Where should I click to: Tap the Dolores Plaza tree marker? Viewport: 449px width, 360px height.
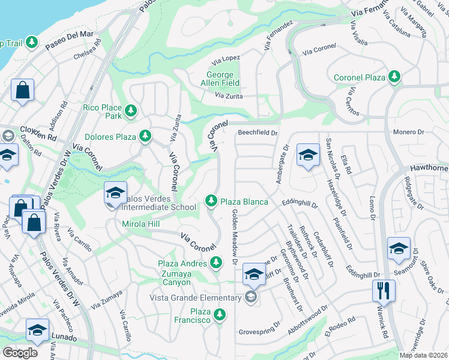coord(145,136)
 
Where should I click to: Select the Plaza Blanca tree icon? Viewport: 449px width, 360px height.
coord(211,201)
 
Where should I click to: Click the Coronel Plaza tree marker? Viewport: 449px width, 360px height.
coord(394,77)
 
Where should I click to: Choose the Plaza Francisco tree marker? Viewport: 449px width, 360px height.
coord(220,314)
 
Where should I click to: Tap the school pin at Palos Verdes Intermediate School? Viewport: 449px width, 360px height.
coord(115,193)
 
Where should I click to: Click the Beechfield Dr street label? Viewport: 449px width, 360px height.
coord(258,133)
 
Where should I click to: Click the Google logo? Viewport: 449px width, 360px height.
coord(20,353)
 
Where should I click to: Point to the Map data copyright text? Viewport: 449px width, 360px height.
coord(424,355)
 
